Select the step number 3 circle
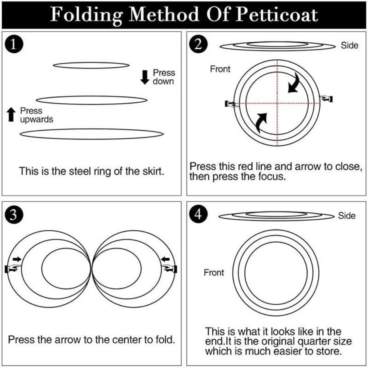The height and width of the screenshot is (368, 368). point(13,216)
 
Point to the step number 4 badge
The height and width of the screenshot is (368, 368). point(198,215)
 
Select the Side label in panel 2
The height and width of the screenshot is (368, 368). point(349,46)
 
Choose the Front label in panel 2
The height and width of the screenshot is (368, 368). point(220,69)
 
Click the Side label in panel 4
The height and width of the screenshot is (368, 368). point(347,216)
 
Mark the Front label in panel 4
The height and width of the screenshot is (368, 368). point(214,273)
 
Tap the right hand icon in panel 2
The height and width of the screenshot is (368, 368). point(326,98)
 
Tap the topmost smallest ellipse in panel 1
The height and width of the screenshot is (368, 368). point(91,65)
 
